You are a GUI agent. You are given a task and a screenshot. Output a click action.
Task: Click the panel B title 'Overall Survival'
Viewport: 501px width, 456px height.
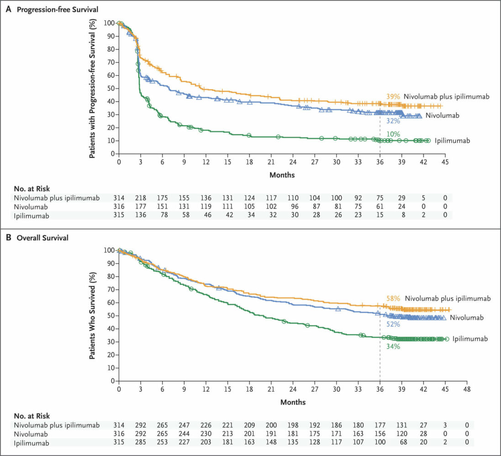click(40, 238)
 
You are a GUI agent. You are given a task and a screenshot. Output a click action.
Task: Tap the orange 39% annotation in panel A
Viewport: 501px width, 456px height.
click(393, 97)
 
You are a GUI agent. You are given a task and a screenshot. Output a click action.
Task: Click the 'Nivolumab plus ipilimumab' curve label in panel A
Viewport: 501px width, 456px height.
click(446, 97)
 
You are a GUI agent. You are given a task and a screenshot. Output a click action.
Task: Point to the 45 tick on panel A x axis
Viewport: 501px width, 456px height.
click(445, 162)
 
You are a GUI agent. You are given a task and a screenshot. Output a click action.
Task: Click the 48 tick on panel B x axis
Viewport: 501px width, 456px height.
click(467, 389)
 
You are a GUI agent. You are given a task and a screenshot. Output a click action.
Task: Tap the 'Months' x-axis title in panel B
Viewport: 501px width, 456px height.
click(293, 402)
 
